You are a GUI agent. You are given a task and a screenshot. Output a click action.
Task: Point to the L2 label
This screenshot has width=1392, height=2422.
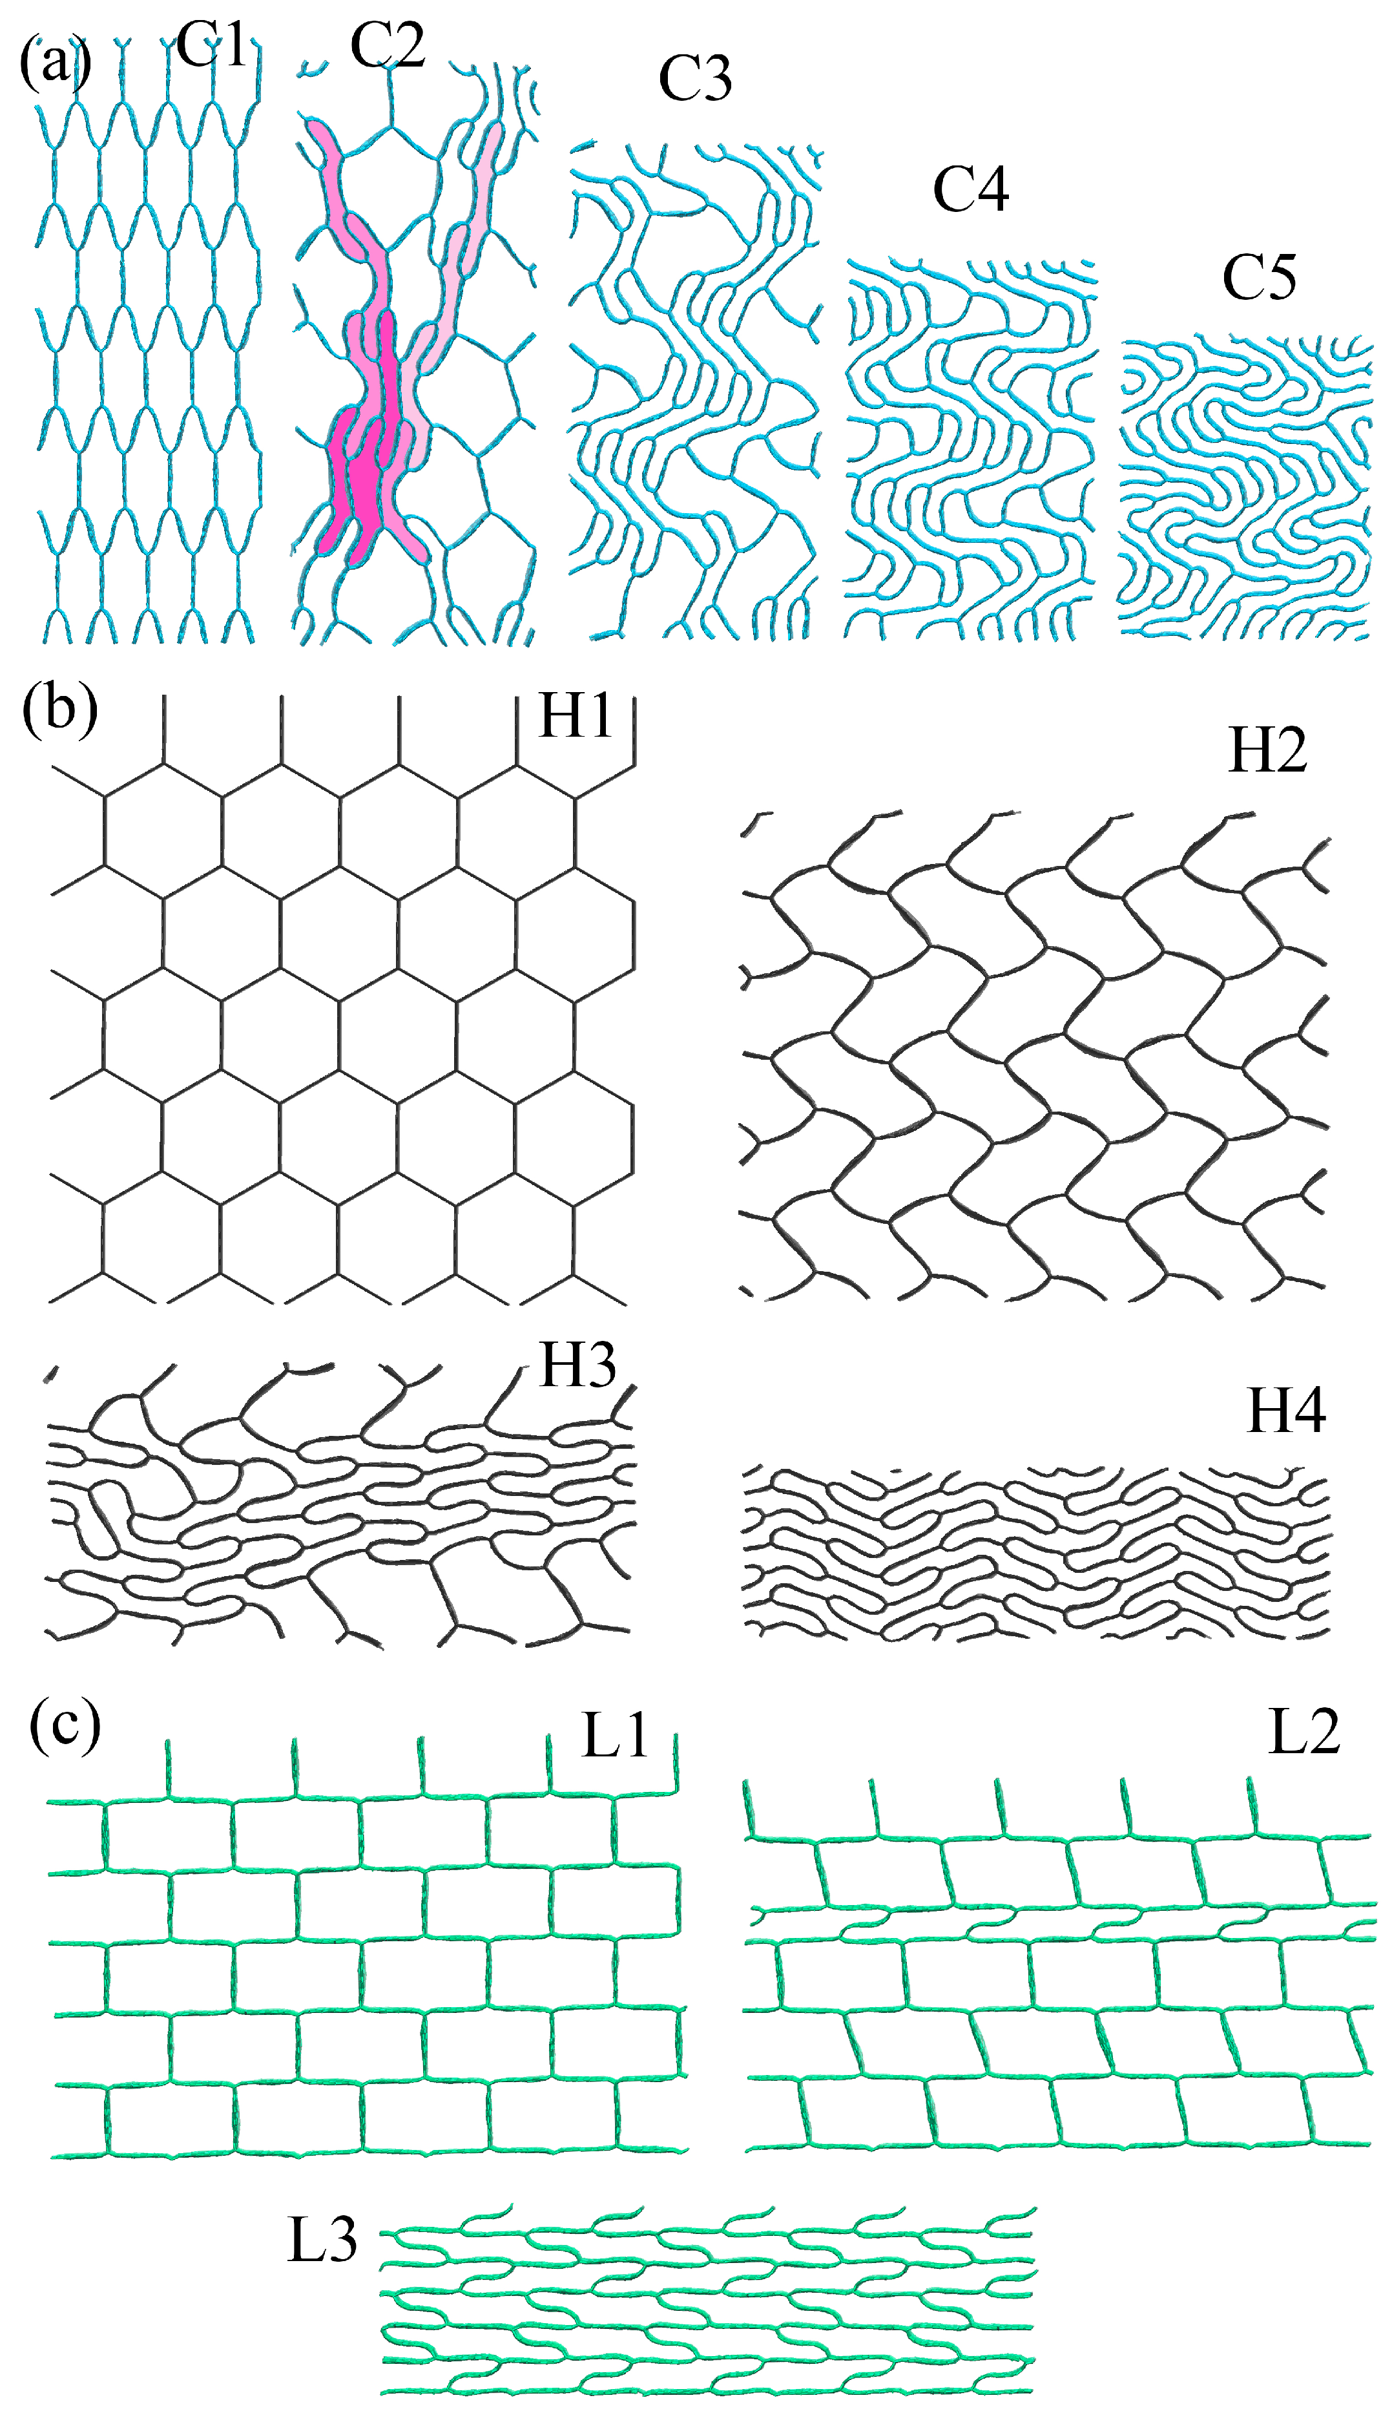click(x=1304, y=1731)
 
